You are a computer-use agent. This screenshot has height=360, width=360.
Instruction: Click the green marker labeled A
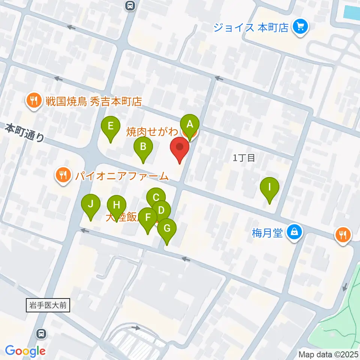(190, 124)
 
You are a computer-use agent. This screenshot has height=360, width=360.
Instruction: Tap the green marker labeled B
(143, 147)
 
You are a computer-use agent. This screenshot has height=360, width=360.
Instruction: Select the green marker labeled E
(111, 126)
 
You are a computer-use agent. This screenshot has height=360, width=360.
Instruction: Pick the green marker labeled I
(269, 187)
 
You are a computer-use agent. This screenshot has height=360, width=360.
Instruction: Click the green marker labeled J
(90, 204)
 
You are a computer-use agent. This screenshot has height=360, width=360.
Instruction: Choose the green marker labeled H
(117, 205)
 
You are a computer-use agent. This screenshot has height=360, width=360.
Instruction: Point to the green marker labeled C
(156, 197)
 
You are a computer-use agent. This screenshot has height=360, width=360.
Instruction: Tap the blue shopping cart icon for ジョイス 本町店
(300, 27)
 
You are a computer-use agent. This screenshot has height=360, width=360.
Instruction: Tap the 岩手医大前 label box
(48, 305)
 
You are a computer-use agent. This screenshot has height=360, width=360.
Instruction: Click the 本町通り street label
(25, 133)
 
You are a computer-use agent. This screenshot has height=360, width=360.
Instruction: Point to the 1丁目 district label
(244, 158)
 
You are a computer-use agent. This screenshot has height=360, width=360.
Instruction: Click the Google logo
(25, 350)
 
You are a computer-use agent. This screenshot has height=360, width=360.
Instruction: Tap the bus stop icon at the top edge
(130, 5)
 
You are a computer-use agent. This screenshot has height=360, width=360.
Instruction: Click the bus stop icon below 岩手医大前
(41, 333)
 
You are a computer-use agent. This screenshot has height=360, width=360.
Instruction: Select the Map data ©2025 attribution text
(328, 354)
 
